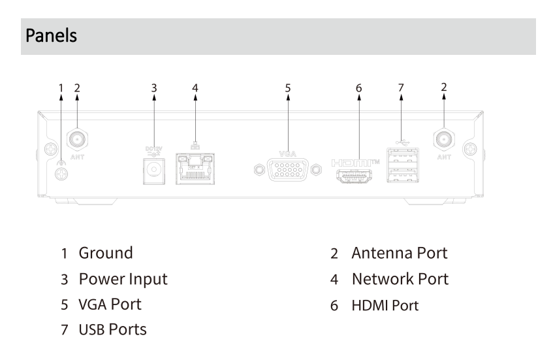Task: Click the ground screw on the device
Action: point(61,174)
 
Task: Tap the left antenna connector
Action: point(77,139)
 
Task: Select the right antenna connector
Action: point(444,139)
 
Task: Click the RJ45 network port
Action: point(196,170)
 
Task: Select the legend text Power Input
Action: point(123,279)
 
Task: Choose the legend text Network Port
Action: point(400,279)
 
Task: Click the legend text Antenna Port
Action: point(400,253)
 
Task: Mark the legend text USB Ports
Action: point(112,330)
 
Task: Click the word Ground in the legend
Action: point(106,253)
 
